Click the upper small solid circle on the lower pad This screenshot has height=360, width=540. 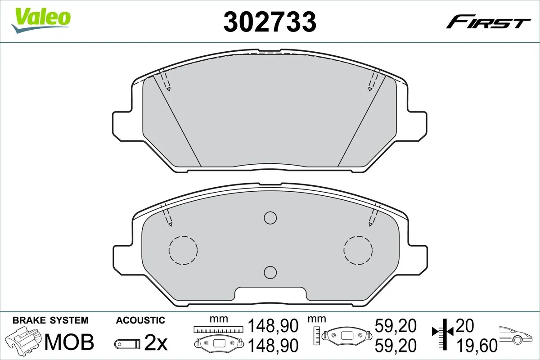270,218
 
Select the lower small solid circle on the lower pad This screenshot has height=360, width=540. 270,272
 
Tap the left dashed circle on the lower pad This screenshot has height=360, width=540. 183,250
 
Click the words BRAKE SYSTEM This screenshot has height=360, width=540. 50,320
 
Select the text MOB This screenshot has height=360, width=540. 70,342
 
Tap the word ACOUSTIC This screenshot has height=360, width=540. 140,320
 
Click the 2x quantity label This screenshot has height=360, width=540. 156,343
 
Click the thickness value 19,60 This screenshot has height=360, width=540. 477,345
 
